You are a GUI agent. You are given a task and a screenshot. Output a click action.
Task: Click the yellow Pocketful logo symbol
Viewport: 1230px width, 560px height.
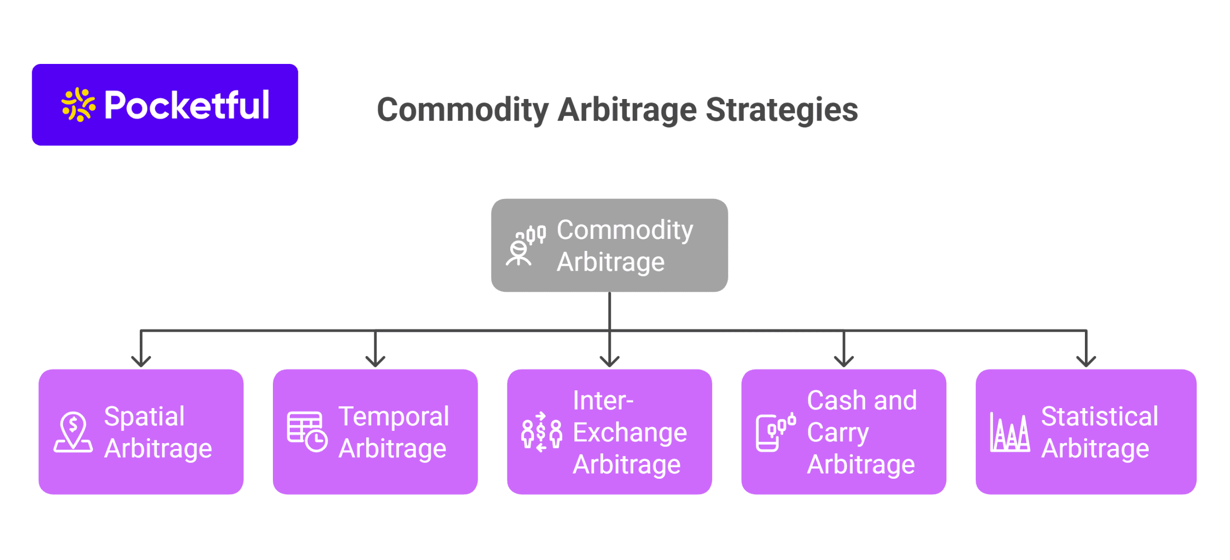coord(78,104)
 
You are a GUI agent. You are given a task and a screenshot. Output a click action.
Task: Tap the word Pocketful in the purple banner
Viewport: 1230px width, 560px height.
coord(186,105)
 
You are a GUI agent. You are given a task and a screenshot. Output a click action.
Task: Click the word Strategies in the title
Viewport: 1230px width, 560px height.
coord(781,110)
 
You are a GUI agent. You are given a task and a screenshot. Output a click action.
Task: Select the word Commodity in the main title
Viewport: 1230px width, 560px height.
coord(462,110)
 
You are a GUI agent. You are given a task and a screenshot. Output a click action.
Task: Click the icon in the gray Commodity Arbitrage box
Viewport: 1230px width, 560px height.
coord(525,245)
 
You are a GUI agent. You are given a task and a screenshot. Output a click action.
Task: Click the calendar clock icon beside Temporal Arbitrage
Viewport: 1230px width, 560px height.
coord(307,431)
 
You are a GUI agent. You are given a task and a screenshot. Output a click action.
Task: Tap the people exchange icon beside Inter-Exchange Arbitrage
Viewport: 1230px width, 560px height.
coord(541,432)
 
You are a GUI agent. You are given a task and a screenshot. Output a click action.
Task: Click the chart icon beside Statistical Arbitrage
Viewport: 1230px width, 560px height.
coord(1009,432)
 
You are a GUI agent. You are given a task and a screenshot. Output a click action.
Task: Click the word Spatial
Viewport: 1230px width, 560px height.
coord(144,416)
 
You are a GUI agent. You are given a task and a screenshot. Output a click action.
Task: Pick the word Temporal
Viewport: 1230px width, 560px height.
coord(394,416)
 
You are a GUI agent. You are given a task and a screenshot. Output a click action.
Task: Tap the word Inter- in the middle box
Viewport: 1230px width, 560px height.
coord(603,400)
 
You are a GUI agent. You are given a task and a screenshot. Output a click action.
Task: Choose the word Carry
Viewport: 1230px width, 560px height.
coord(838,433)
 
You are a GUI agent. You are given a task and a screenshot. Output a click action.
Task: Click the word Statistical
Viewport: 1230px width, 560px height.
coord(1099,416)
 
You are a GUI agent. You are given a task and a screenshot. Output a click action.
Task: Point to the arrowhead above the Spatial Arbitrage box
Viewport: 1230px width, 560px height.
coord(141,361)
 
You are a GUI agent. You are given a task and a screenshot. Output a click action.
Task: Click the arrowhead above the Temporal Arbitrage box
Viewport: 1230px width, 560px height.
coord(375,361)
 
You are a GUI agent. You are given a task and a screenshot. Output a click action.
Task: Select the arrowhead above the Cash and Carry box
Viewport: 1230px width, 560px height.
coord(844,361)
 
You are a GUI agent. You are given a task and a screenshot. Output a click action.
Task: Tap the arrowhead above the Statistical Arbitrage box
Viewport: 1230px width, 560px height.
coord(1086,361)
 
